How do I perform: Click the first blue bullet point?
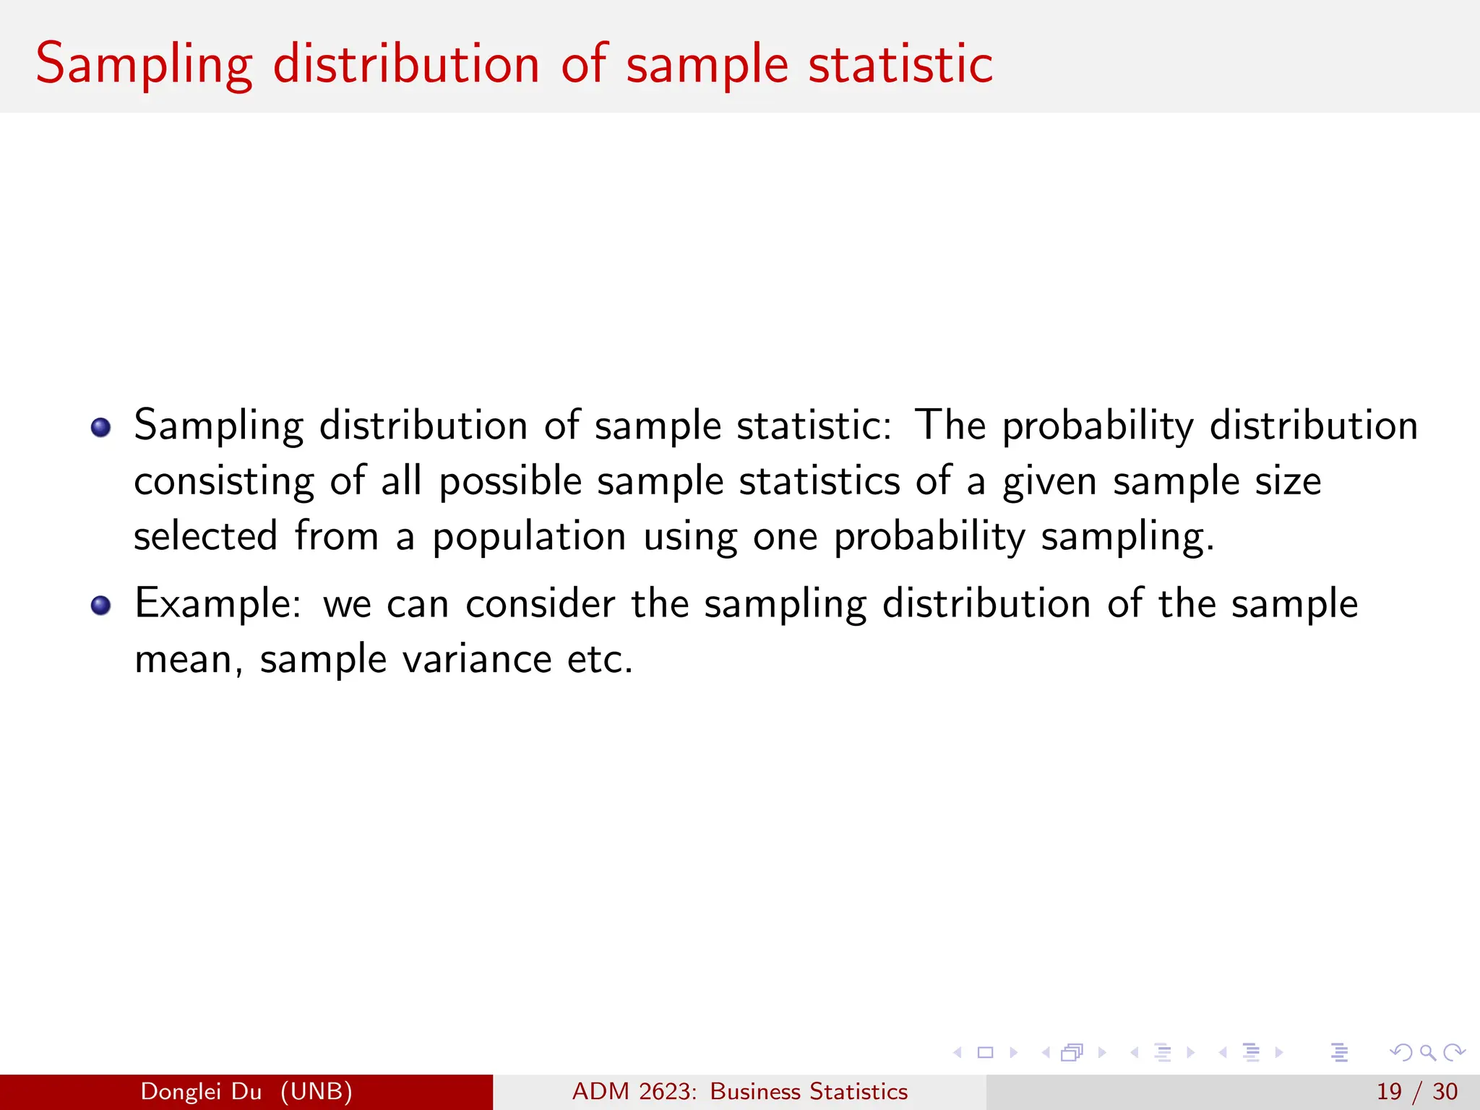click(101, 427)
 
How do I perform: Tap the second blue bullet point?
click(101, 605)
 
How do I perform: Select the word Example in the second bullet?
click(218, 604)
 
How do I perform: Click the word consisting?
click(223, 482)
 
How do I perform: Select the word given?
click(1049, 482)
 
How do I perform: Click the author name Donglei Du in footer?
click(201, 1091)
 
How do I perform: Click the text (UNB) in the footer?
click(317, 1091)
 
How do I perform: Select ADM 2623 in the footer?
click(634, 1091)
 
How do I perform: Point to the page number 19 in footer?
click(1389, 1091)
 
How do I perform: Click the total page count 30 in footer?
click(1445, 1091)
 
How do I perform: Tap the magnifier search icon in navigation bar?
click(1427, 1052)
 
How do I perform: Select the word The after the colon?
click(950, 425)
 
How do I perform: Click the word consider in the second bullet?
click(540, 604)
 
